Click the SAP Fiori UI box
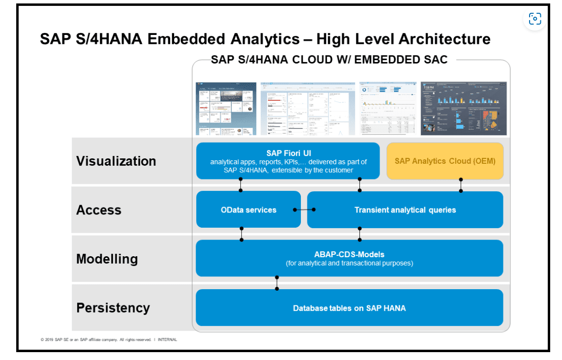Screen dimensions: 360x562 click(288, 161)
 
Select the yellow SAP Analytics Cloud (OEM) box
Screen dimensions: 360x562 click(444, 161)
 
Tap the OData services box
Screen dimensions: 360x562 click(248, 210)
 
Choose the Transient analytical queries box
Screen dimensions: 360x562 click(405, 210)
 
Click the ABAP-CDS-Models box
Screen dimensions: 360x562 click(349, 258)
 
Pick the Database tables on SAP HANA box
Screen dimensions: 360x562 click(349, 308)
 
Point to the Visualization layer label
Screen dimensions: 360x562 click(116, 161)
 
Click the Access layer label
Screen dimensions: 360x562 click(99, 210)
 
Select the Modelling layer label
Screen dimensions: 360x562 click(107, 259)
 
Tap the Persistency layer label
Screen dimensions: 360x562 click(113, 308)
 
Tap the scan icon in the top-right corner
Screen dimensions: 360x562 click(534, 19)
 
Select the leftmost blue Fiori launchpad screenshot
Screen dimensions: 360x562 click(226, 108)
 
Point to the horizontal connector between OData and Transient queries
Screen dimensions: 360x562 click(304, 210)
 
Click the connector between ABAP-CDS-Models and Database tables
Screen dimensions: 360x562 click(277, 283)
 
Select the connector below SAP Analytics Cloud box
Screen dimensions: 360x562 click(461, 185)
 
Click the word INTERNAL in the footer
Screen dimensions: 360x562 click(167, 339)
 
